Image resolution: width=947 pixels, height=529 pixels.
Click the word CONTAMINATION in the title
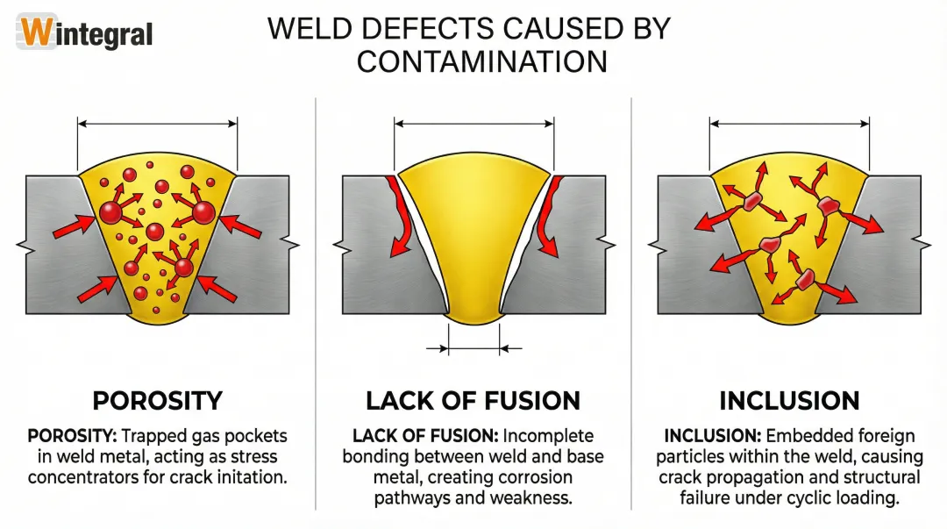(x=481, y=62)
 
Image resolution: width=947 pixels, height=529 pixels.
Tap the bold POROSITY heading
(x=158, y=401)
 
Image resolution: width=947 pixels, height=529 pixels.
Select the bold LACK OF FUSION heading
(x=473, y=401)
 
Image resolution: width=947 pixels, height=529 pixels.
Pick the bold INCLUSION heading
(x=789, y=401)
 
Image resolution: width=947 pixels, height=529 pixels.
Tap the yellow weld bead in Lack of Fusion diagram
(x=473, y=228)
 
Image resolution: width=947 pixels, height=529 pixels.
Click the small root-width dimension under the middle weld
(x=473, y=348)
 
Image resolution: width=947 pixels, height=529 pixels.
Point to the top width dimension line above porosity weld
(x=158, y=125)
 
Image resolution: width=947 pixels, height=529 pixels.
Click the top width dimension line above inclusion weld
(x=789, y=125)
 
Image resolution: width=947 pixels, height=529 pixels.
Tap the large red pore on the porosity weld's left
(x=111, y=212)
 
